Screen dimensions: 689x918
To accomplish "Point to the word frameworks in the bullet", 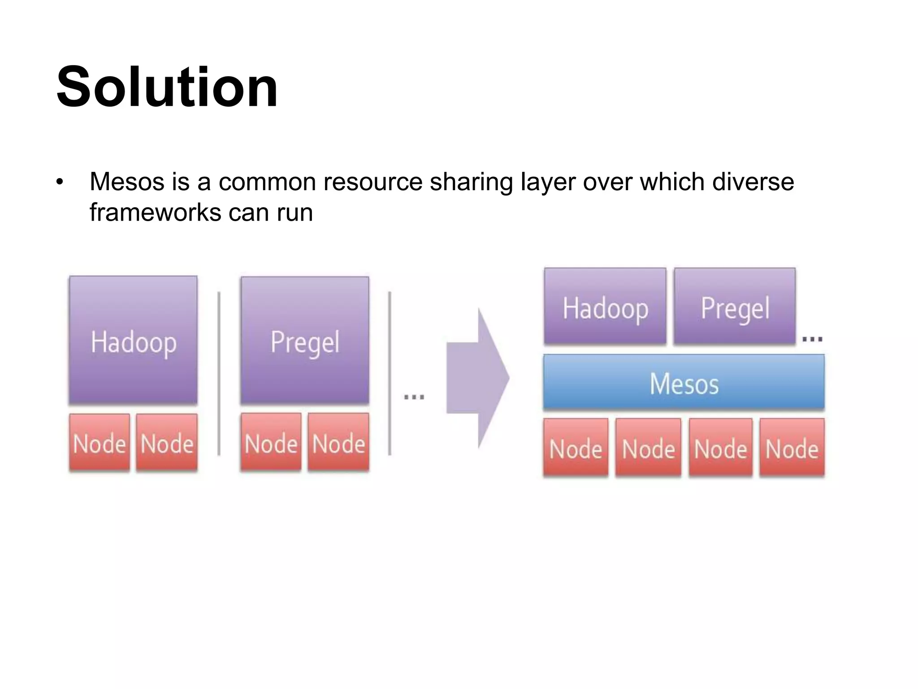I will coord(155,212).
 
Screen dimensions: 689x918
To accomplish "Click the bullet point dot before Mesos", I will coord(60,183).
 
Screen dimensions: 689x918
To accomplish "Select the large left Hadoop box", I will coord(133,340).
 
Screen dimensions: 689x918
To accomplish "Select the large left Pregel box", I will coord(305,340).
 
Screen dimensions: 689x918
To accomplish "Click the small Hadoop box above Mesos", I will coord(605,306).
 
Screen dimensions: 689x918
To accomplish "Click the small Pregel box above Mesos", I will coord(735,306).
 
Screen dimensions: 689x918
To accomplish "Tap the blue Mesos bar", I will coord(684,382).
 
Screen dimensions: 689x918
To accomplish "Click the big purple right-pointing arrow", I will coord(478,378).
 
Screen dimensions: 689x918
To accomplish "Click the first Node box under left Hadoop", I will coord(100,442).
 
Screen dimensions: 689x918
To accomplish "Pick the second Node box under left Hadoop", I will coord(167,442).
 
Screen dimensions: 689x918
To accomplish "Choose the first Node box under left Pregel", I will coord(271,442).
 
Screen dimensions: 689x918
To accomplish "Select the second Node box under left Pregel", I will coord(338,442).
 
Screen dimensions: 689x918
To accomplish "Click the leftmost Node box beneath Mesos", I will coord(576,447).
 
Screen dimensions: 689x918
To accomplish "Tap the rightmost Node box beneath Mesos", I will coord(792,447).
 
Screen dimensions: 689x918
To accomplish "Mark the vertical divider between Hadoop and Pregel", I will coord(219,373).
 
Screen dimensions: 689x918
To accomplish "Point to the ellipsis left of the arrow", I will coord(414,397).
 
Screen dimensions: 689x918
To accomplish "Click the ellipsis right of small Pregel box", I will coord(812,339).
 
